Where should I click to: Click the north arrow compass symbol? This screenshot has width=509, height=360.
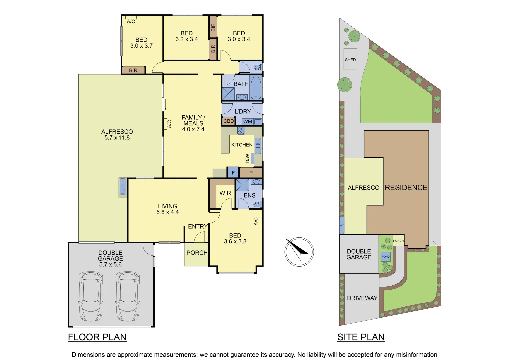pos(299,252)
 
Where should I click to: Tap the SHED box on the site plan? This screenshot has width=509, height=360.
pos(350,60)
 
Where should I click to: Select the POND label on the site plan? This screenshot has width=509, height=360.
pos(386,256)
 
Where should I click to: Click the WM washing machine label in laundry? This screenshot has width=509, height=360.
pos(248,121)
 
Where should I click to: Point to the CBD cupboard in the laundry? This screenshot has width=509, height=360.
pos(229,121)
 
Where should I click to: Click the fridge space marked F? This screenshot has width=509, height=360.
pos(233,173)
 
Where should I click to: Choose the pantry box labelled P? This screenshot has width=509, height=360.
pos(251,173)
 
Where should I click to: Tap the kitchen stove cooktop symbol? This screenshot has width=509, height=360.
pos(241,131)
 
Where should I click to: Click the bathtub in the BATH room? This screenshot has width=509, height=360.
pos(256,88)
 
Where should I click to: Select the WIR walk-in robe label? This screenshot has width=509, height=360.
pos(225,193)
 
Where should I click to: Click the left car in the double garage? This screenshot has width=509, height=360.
pos(91,296)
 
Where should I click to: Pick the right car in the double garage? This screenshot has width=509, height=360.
pos(128,296)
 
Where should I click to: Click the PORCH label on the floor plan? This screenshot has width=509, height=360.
pos(197,253)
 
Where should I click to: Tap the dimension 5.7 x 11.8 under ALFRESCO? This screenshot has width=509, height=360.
pos(117,138)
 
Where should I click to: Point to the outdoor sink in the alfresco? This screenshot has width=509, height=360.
pos(123,187)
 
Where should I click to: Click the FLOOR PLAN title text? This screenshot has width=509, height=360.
pos(97,337)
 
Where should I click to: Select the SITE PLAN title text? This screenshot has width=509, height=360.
pos(361,337)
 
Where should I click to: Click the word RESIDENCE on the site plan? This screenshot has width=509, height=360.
pos(406,188)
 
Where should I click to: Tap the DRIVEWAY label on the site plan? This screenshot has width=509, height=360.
pos(362,298)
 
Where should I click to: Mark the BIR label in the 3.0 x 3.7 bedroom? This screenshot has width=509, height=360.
pos(133,70)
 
